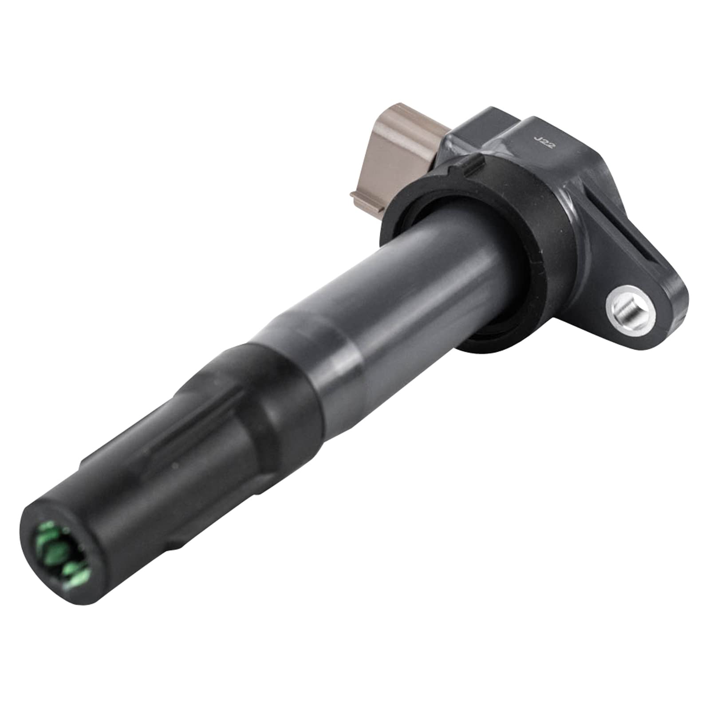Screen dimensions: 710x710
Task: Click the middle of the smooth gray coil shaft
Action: click(399, 275)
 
